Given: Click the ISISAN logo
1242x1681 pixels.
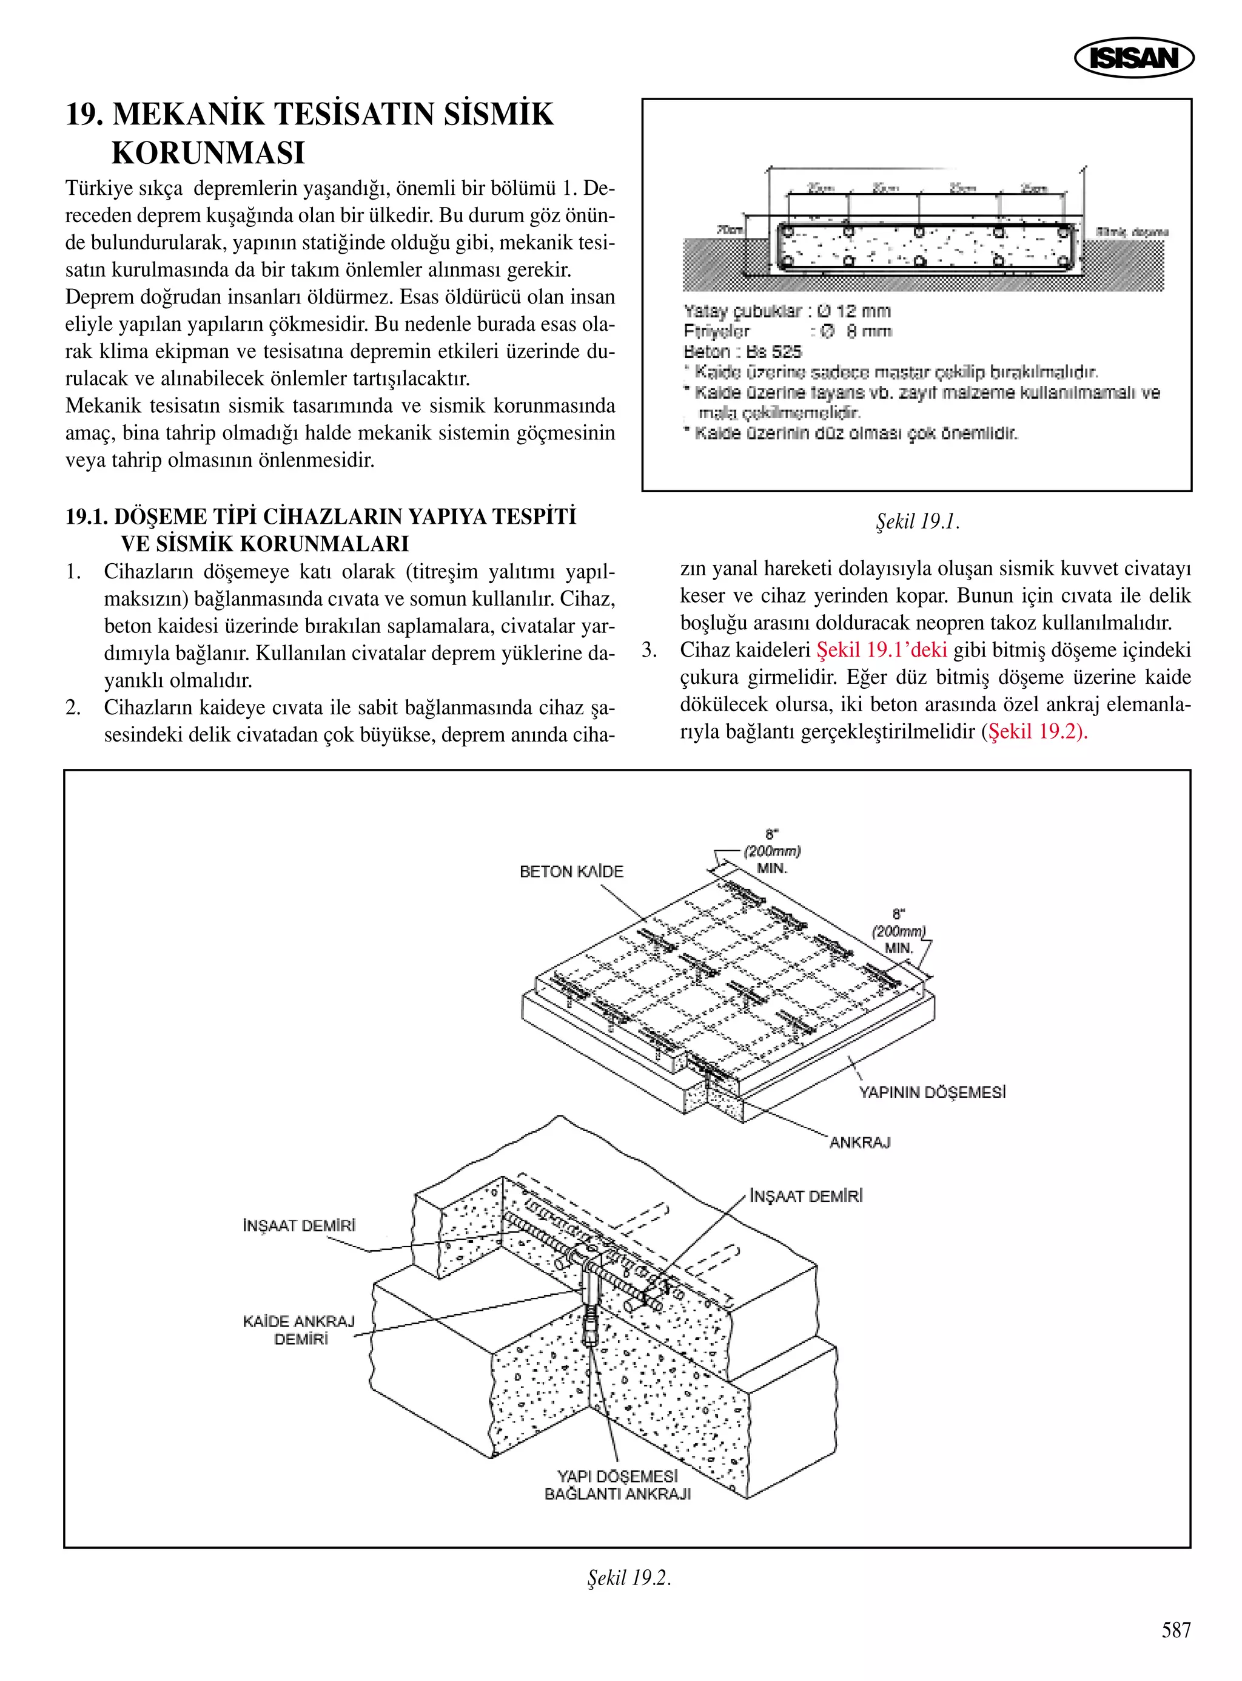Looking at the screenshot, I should coord(1133,58).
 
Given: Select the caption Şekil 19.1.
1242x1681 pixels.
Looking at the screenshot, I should coord(917,522).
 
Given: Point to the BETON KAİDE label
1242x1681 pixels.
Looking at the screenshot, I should coord(571,871).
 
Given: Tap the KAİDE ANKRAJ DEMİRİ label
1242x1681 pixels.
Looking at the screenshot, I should coord(299,1330).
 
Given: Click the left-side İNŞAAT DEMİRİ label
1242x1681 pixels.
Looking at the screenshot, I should coord(298,1226).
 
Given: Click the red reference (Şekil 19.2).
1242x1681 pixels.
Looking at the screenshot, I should coord(1035,731).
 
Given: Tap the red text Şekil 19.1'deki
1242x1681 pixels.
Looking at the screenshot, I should coord(881,650).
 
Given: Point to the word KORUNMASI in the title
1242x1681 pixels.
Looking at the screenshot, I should coord(208,153).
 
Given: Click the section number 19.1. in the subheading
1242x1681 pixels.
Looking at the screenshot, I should coord(87,516).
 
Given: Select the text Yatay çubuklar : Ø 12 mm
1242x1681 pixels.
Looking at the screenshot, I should coord(787,311).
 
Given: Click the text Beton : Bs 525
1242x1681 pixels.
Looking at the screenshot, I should coord(743,351).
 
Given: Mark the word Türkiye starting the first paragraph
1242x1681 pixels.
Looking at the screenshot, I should coord(94,188).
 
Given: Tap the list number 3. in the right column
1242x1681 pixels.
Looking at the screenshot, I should coord(650,650).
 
